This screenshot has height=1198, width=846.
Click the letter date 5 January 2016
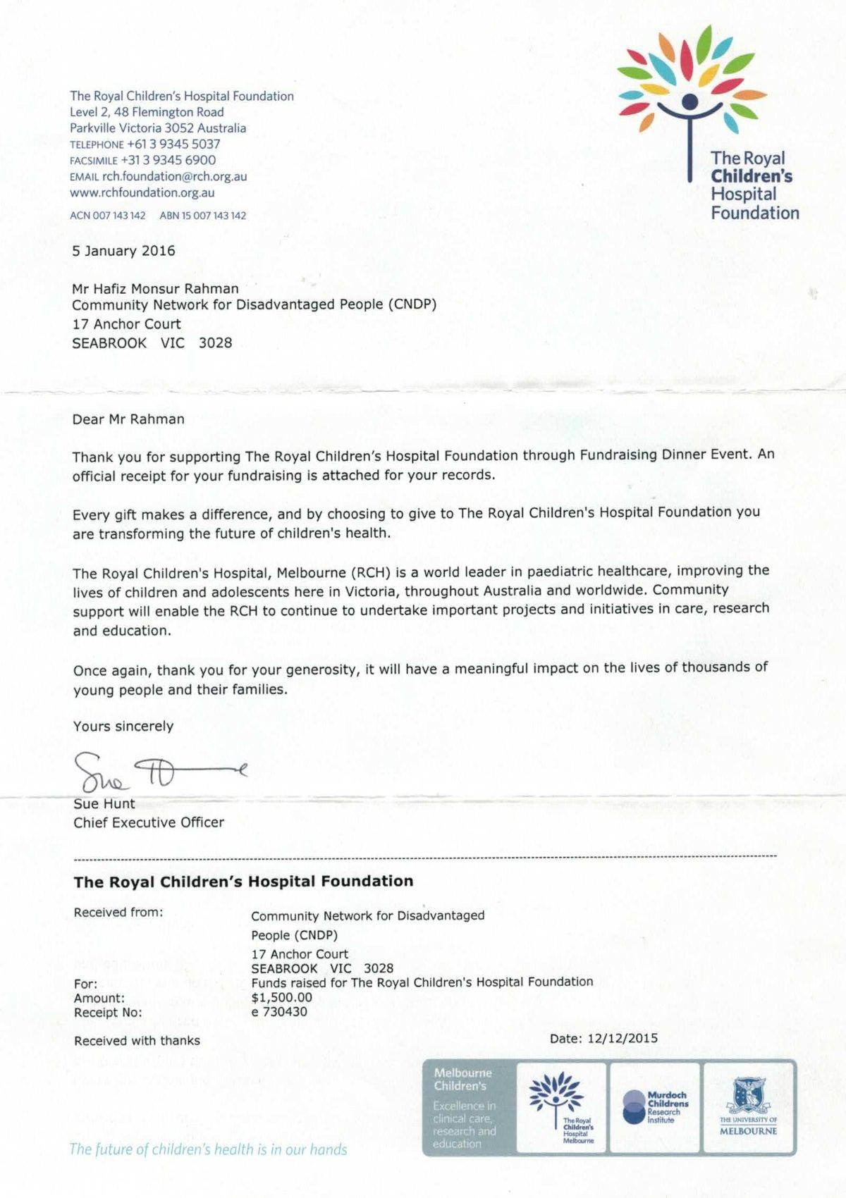click(x=123, y=251)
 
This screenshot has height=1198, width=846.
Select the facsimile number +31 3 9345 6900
click(x=168, y=160)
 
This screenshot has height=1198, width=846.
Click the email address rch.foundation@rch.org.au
click(x=174, y=176)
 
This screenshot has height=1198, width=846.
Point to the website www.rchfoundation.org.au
click(x=142, y=192)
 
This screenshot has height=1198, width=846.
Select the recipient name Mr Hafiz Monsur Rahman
click(x=155, y=288)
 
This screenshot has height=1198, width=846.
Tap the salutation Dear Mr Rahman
click(x=128, y=419)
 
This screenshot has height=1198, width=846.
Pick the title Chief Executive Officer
click(x=149, y=822)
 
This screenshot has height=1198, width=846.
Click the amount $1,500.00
click(x=281, y=997)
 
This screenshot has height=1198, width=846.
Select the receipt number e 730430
click(x=279, y=1012)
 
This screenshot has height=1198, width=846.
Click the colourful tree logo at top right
click(x=691, y=85)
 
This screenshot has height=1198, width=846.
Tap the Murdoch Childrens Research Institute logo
click(x=655, y=1107)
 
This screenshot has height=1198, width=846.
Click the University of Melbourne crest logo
click(x=748, y=1106)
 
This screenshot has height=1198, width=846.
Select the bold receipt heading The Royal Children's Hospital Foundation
click(x=243, y=881)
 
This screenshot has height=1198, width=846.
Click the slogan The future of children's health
click(x=208, y=1149)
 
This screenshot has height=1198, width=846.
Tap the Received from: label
click(x=118, y=913)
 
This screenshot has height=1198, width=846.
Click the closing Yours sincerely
click(x=123, y=727)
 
